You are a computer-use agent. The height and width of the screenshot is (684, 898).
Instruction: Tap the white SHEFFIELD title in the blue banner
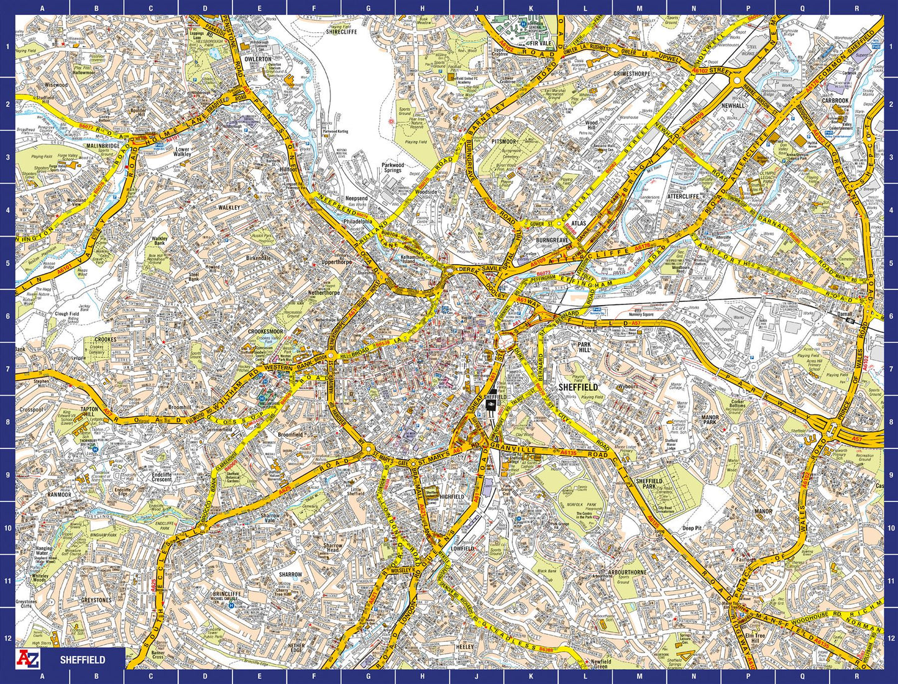(83, 660)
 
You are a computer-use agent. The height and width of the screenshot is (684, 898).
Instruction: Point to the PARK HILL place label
(584, 347)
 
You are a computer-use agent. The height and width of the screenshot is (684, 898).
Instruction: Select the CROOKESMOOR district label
(265, 332)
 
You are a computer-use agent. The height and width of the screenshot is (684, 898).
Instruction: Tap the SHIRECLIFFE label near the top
(342, 32)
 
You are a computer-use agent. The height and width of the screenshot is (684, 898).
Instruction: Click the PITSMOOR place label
(503, 142)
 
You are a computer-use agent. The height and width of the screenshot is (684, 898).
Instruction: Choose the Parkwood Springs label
(393, 168)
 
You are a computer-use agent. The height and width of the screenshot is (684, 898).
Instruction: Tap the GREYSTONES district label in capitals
(96, 600)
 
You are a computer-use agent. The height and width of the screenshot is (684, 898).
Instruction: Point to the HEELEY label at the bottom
(464, 647)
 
